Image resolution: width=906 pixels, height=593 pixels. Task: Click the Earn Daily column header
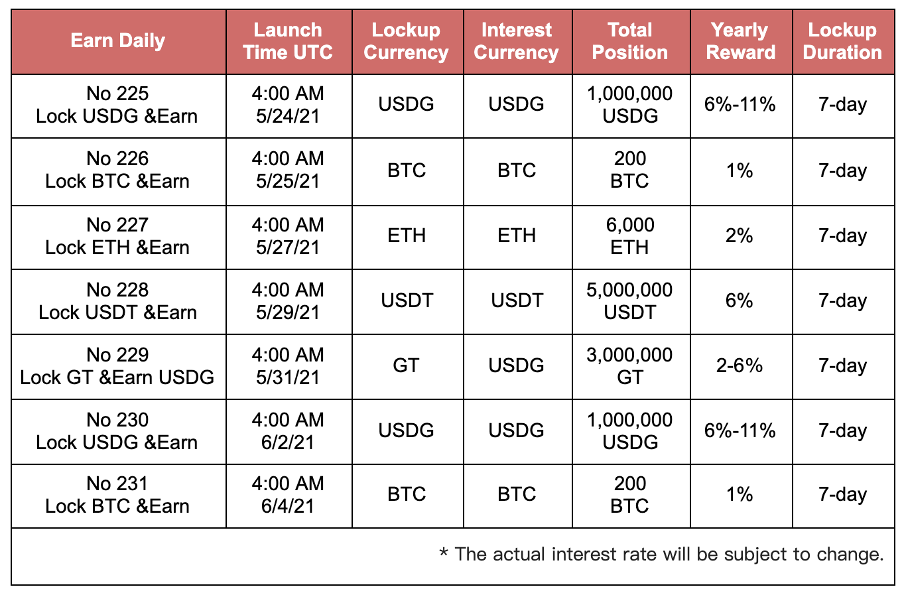tap(117, 41)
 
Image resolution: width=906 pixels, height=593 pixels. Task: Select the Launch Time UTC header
tap(288, 41)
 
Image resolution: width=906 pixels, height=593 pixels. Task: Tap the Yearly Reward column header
tap(740, 41)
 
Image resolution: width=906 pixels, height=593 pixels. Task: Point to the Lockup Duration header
tap(842, 41)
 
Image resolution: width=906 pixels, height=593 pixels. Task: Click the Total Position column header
tap(629, 41)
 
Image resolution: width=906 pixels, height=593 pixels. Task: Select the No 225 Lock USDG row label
tap(117, 105)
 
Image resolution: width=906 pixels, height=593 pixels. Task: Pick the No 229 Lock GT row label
tap(117, 366)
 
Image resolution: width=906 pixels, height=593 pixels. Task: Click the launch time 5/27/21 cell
tap(288, 236)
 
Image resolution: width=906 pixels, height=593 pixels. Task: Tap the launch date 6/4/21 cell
tap(288, 495)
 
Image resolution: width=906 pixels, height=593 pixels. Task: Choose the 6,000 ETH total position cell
tap(629, 236)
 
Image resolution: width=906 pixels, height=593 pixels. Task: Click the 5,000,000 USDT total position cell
tap(629, 301)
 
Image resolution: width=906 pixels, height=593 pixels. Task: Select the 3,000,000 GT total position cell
tap(629, 366)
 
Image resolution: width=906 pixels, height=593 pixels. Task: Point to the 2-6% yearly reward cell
tap(740, 365)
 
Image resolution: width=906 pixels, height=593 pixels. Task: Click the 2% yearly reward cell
tap(740, 235)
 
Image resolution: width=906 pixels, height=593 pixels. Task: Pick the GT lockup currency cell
tap(406, 365)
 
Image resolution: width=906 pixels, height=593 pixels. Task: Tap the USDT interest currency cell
tap(517, 300)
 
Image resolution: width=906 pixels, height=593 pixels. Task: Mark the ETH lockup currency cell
tap(407, 235)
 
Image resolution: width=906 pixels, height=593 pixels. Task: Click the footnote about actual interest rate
tap(661, 554)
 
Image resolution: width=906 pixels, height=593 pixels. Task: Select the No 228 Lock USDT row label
tap(117, 301)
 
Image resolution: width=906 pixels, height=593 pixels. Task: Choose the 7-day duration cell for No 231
tap(842, 495)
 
